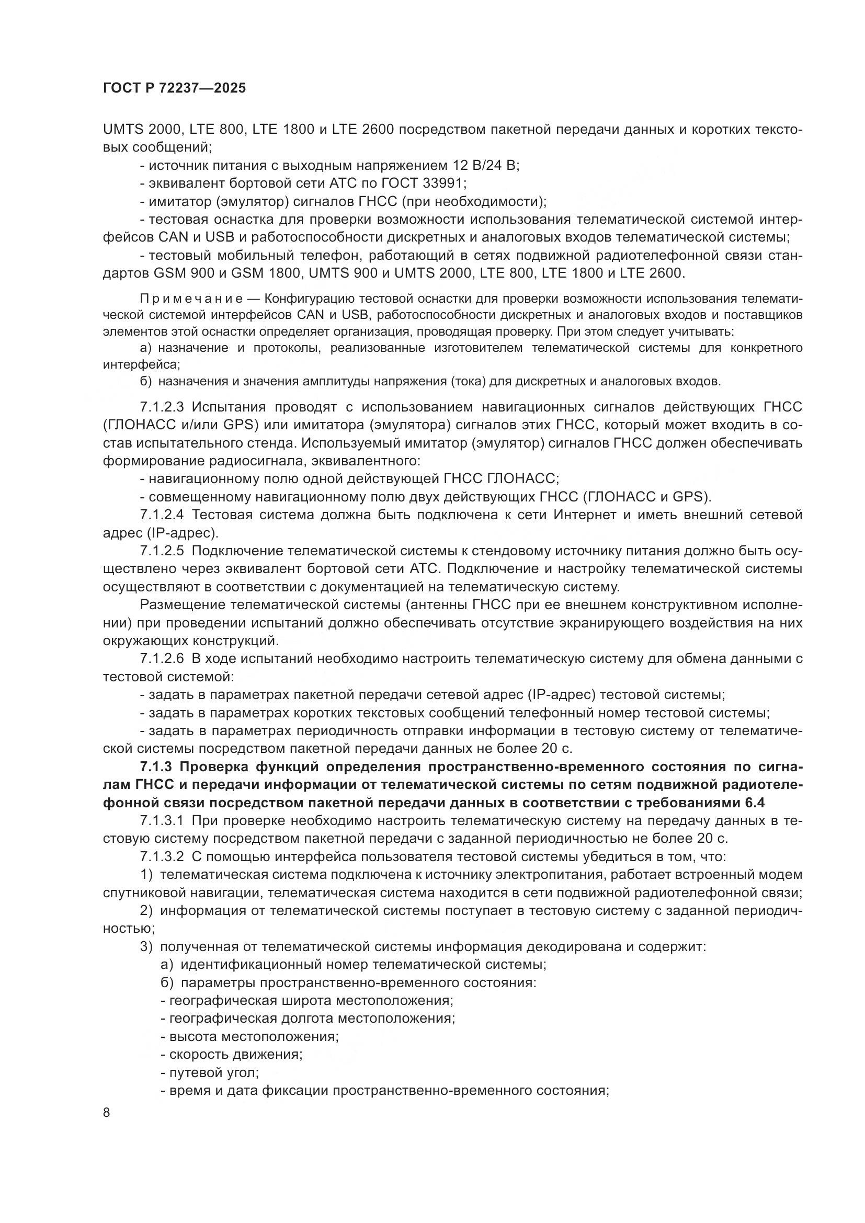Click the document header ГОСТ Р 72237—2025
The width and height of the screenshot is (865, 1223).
click(x=175, y=88)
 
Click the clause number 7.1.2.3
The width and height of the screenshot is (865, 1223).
click(x=162, y=407)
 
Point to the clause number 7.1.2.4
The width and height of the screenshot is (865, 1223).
click(x=162, y=515)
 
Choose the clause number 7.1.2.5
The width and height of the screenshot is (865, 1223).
click(x=162, y=551)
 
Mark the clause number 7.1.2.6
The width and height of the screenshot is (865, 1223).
click(x=162, y=659)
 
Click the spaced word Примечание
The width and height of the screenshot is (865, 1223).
click(x=191, y=298)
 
